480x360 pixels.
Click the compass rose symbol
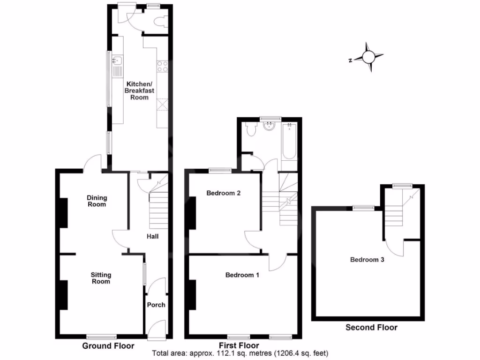click(368, 57)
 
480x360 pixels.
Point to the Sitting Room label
click(100, 278)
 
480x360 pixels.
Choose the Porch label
click(156, 305)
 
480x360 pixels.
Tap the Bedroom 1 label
click(242, 275)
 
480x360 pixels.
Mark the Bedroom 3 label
click(367, 259)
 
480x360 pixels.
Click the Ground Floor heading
click(108, 346)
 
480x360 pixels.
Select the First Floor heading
click(242, 346)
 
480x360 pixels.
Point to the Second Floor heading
click(371, 327)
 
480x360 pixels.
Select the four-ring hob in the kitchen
click(163, 67)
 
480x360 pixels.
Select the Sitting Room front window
click(101, 336)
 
